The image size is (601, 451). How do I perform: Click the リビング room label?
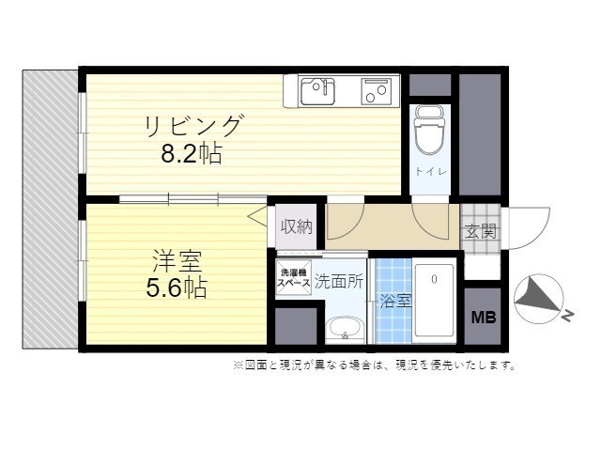click(193, 125)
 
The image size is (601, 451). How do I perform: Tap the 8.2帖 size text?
click(192, 154)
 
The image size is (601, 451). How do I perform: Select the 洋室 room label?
click(177, 260)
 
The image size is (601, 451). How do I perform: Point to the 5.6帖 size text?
click(177, 288)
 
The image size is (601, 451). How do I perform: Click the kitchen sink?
click(317, 91)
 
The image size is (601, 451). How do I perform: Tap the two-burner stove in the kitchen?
click(377, 91)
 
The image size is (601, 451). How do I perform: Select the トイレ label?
click(431, 171)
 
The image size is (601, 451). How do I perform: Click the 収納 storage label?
click(297, 227)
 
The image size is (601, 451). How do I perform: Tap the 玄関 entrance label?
click(481, 231)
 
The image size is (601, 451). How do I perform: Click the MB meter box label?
click(484, 318)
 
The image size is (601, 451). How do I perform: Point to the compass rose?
click(538, 299)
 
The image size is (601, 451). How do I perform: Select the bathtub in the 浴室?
click(435, 301)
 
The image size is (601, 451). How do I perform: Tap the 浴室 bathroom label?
click(396, 301)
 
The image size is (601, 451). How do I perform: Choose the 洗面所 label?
click(339, 282)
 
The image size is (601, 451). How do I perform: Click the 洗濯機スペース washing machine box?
click(294, 278)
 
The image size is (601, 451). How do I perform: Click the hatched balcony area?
click(50, 210)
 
